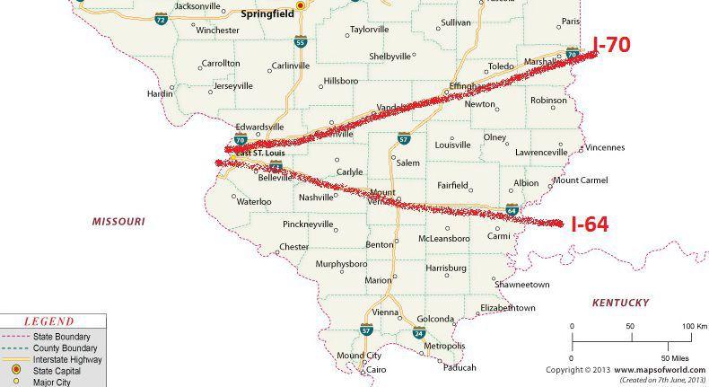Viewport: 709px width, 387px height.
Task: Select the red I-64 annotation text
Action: tap(590, 224)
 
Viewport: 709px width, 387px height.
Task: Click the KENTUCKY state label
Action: tap(620, 303)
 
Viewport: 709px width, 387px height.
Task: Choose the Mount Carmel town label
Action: tap(580, 180)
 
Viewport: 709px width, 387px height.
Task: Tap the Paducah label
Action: tap(460, 366)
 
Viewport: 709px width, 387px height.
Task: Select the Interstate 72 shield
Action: tap(161, 18)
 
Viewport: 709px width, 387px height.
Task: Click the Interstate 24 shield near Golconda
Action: tap(419, 333)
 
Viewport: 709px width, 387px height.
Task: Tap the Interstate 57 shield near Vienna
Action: tap(365, 330)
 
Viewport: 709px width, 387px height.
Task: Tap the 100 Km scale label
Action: tap(695, 325)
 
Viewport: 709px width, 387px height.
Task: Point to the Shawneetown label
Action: tap(521, 285)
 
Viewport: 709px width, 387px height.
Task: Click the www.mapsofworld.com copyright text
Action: tap(644, 369)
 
